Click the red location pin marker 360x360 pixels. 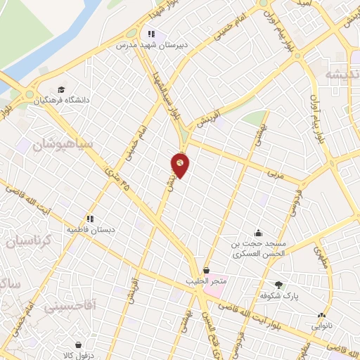pos(181,165)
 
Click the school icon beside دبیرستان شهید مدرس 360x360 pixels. pos(150,33)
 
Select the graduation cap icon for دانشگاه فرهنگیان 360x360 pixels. pos(61,89)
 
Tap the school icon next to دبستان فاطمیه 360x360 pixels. pos(90,218)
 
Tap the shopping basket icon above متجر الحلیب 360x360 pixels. pos(206,271)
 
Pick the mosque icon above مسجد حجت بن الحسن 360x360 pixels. pos(259,233)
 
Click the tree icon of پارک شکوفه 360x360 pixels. pos(279,285)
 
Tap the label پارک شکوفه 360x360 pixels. pos(283,296)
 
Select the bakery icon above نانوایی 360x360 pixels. pos(322,316)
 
